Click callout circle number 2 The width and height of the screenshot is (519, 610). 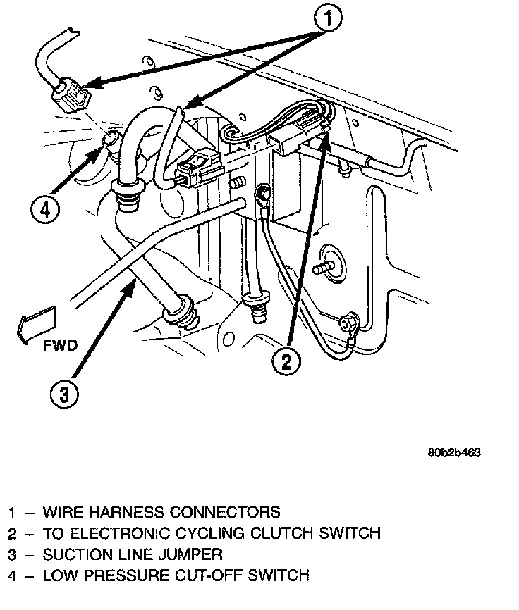(286, 363)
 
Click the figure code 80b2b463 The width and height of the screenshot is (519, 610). (453, 453)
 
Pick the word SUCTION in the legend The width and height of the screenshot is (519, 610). (74, 554)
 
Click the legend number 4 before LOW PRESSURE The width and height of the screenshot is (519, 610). (12, 575)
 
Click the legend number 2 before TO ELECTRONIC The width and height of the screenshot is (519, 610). (12, 533)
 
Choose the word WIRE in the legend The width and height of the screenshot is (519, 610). (59, 512)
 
